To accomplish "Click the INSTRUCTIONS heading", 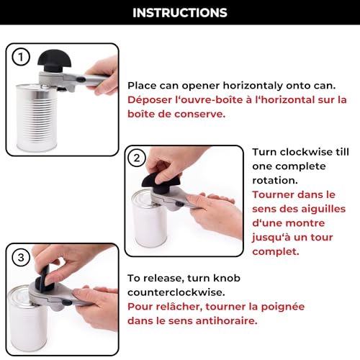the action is [x=180, y=13].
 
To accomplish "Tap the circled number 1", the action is [x=21, y=57].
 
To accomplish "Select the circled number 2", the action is [x=137, y=158].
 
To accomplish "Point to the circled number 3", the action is [x=21, y=258].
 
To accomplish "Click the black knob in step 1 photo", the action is [x=55, y=60].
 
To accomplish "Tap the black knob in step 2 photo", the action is [x=161, y=182].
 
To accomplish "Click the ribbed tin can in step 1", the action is [x=37, y=117].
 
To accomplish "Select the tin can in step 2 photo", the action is [x=149, y=219].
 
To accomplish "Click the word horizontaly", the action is [x=253, y=86].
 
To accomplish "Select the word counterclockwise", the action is [x=176, y=292].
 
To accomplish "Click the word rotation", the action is [x=275, y=181].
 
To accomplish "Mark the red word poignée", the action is [x=283, y=307].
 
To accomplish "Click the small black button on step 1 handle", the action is [x=81, y=78].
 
